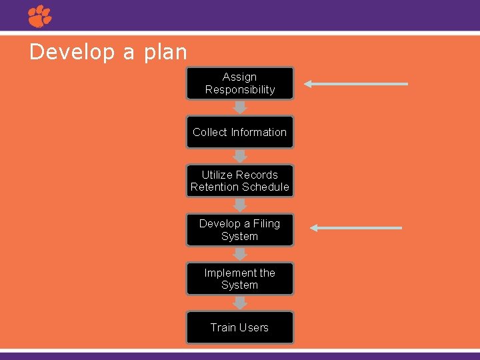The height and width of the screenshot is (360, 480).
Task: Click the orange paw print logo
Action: click(39, 16)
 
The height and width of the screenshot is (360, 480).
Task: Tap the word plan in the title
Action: click(163, 53)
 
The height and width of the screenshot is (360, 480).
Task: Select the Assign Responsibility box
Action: click(240, 83)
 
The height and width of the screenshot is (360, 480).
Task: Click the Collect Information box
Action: click(240, 132)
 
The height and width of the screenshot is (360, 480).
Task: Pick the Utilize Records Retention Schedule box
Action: click(240, 181)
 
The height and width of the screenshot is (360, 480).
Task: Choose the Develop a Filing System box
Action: click(240, 230)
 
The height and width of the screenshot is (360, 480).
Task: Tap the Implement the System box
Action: click(240, 279)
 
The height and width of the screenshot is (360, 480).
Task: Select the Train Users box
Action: click(240, 327)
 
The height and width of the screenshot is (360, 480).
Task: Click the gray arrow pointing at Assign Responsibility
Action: click(356, 84)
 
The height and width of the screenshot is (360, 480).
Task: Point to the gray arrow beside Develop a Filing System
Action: click(356, 228)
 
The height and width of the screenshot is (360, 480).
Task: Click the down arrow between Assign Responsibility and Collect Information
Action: click(240, 107)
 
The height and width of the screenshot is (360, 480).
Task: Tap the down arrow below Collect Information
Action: click(240, 156)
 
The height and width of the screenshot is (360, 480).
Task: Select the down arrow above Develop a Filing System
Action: click(240, 205)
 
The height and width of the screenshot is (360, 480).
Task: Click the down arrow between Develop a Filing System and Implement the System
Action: click(240, 254)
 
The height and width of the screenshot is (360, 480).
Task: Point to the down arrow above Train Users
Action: click(240, 303)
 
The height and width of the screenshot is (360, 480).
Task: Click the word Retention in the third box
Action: click(215, 187)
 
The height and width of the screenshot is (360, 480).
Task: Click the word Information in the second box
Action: click(259, 132)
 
